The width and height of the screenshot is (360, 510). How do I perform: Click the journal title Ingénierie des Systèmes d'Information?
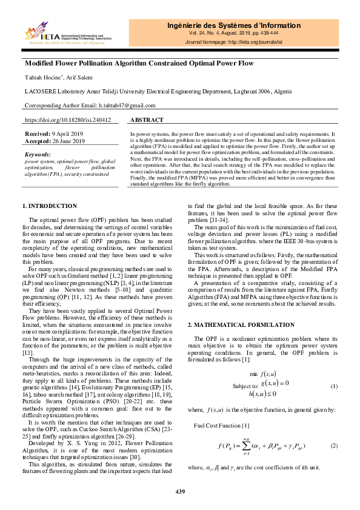point(233,25)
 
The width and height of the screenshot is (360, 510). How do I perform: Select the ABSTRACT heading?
point(147,120)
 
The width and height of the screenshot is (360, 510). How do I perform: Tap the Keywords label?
point(39,155)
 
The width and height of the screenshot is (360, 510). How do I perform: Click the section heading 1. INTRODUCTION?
point(49,207)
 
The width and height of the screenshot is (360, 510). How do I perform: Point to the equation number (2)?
point(333,446)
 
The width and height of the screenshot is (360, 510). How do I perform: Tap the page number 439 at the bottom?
point(180,491)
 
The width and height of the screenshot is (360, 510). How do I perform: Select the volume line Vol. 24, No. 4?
point(233,36)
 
